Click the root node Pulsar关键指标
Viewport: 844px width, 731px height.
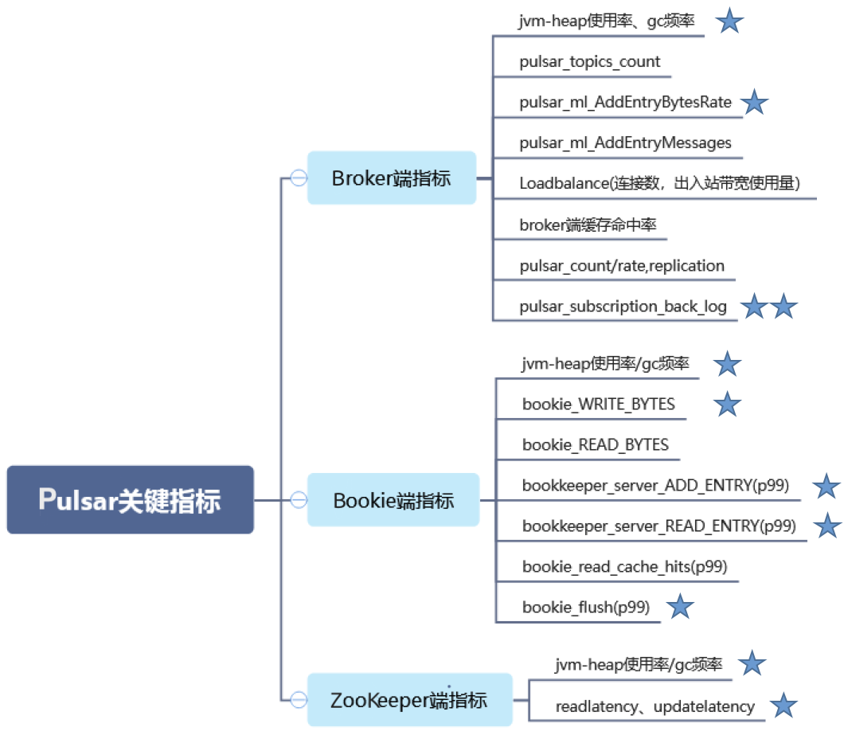click(x=130, y=500)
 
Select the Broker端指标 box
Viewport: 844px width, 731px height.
click(x=391, y=178)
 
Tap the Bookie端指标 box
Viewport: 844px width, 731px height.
click(x=393, y=500)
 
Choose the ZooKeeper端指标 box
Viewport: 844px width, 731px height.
click(x=408, y=700)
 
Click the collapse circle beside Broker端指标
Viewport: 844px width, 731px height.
click(x=299, y=178)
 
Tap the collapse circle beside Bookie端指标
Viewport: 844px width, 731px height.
click(x=299, y=500)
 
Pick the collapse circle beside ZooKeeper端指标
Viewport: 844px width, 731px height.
click(x=299, y=700)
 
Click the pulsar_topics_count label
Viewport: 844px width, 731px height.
click(x=590, y=61)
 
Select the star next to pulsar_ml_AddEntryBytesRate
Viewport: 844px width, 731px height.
click(x=754, y=102)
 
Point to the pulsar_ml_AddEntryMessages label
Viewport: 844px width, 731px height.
click(x=625, y=143)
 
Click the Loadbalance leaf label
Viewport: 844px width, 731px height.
click(x=659, y=183)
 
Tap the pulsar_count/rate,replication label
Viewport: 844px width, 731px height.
click(x=622, y=265)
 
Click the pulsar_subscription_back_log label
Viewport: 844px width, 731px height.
click(x=623, y=307)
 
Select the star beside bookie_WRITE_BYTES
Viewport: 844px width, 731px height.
click(x=727, y=404)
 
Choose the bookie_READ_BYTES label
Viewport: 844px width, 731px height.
click(x=596, y=444)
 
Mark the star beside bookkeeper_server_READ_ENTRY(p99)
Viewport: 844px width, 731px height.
click(x=828, y=526)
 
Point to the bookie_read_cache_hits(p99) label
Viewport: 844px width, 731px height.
click(x=624, y=567)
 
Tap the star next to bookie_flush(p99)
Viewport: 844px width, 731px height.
click(x=680, y=608)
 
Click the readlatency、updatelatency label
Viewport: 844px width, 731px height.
click(x=654, y=706)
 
